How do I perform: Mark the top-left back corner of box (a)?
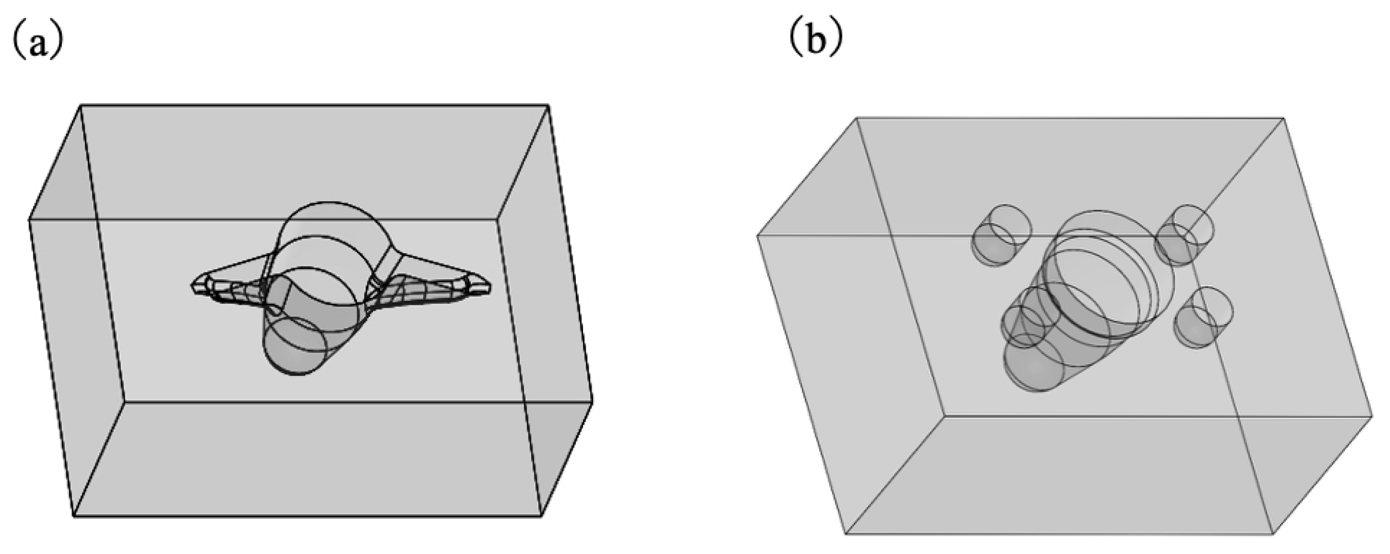(81, 105)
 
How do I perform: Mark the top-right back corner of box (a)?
(548, 105)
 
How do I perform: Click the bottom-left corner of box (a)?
(74, 516)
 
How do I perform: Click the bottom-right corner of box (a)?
(541, 516)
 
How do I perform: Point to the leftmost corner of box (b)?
(757, 236)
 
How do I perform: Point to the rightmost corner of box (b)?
(1372, 418)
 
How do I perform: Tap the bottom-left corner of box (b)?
(846, 534)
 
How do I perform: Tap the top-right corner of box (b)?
(1284, 118)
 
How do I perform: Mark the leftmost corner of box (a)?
(29, 220)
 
